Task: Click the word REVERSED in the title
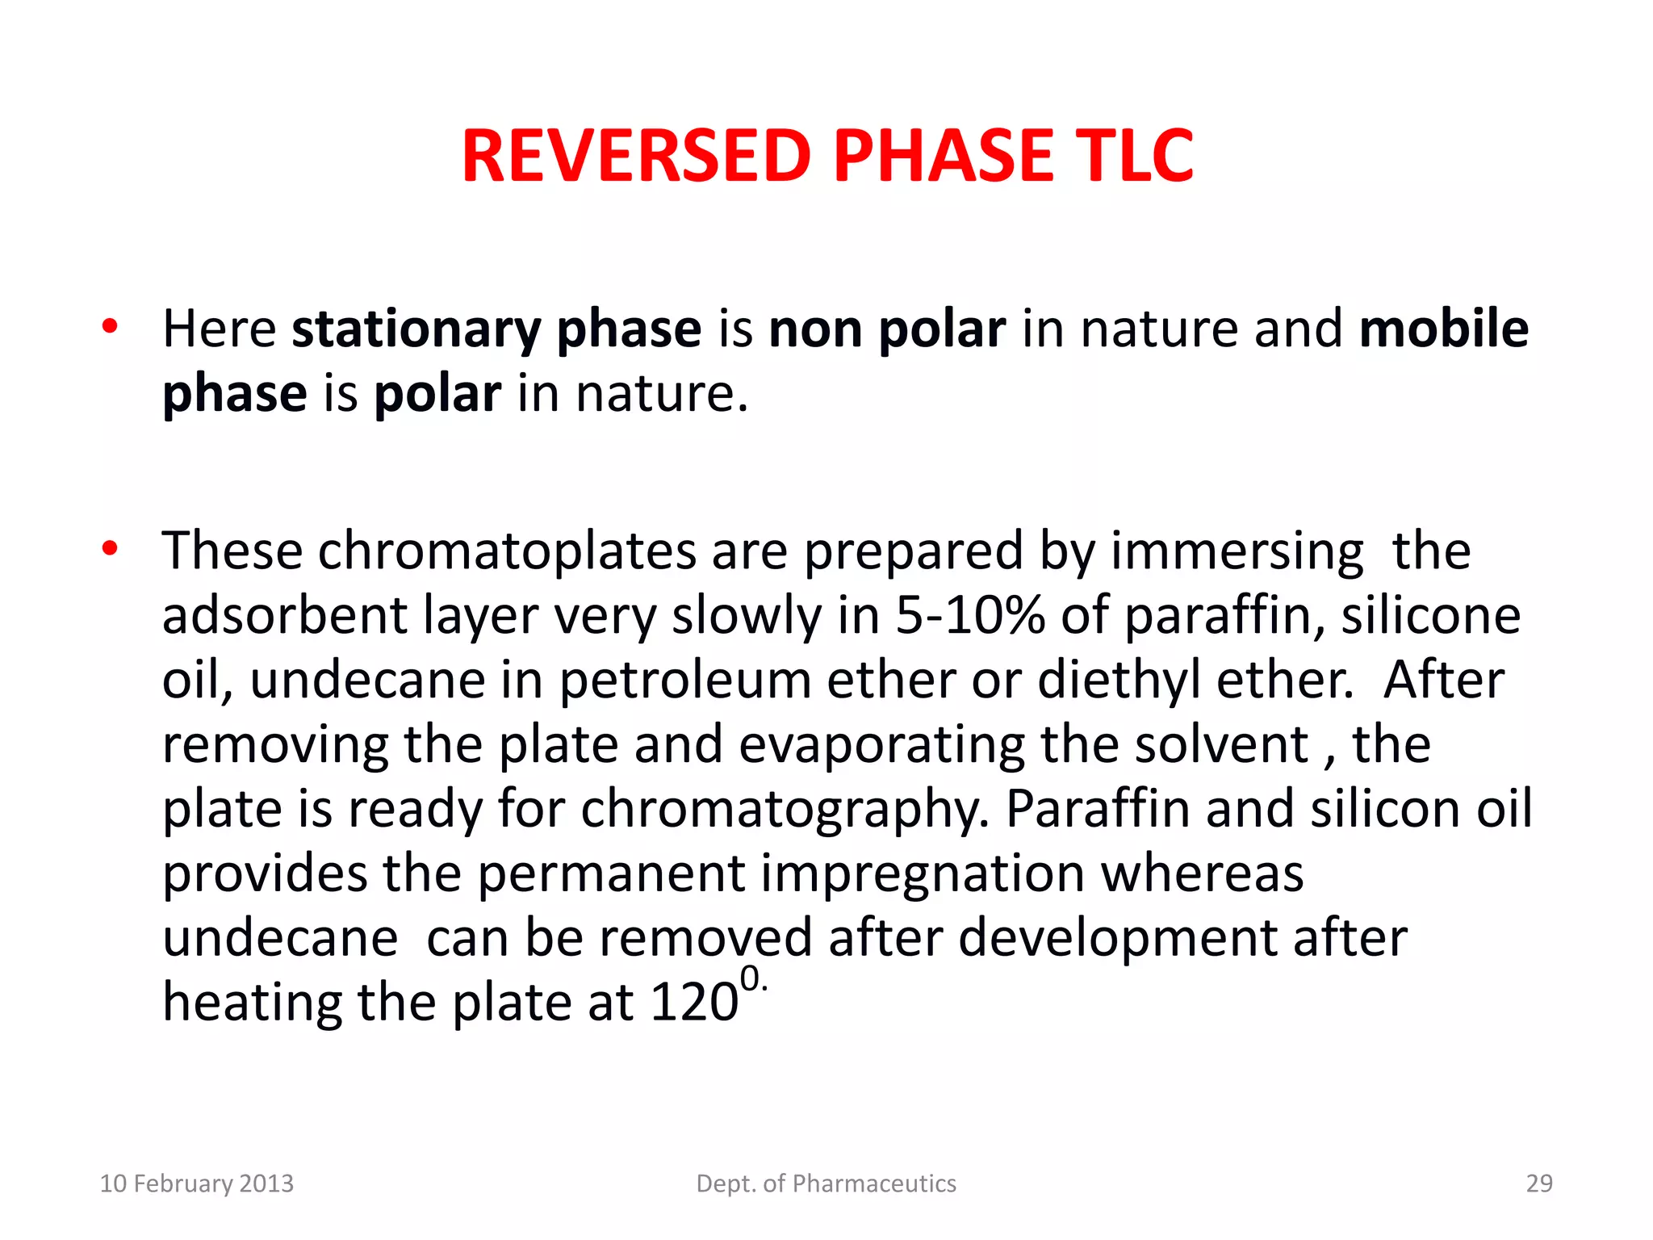coord(636,156)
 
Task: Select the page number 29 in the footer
coord(1539,1183)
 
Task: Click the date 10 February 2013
coord(196,1183)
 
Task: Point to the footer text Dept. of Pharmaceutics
coord(826,1183)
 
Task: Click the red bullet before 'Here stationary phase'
coord(111,327)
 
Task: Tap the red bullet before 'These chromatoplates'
coord(111,549)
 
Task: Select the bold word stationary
coord(416,331)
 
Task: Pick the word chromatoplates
coord(507,553)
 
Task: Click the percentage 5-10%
coord(969,616)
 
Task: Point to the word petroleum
coord(685,681)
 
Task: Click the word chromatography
coord(785,810)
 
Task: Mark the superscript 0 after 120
coord(750,979)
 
